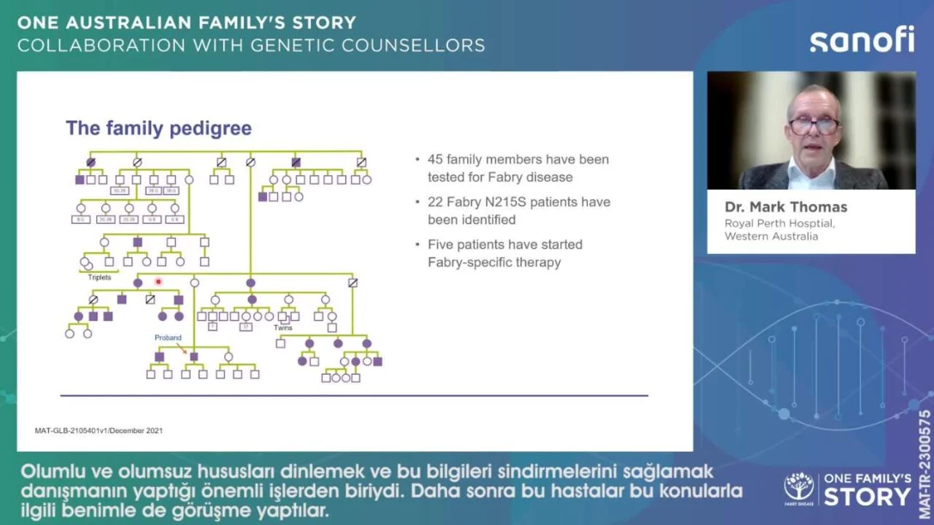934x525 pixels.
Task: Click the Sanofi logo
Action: (861, 40)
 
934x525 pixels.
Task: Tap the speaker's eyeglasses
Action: (813, 125)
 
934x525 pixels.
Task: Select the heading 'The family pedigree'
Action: (159, 129)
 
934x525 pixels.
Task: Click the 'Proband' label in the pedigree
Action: (168, 338)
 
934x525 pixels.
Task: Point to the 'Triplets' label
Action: (100, 277)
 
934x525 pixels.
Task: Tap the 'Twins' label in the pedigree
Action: (283, 328)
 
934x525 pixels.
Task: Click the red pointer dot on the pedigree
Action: (158, 281)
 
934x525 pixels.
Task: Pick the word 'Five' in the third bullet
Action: (441, 244)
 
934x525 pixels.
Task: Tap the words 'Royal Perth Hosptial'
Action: (779, 224)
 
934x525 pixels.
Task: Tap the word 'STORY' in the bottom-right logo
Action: (868, 497)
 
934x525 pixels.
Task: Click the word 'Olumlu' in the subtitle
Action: (48, 473)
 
